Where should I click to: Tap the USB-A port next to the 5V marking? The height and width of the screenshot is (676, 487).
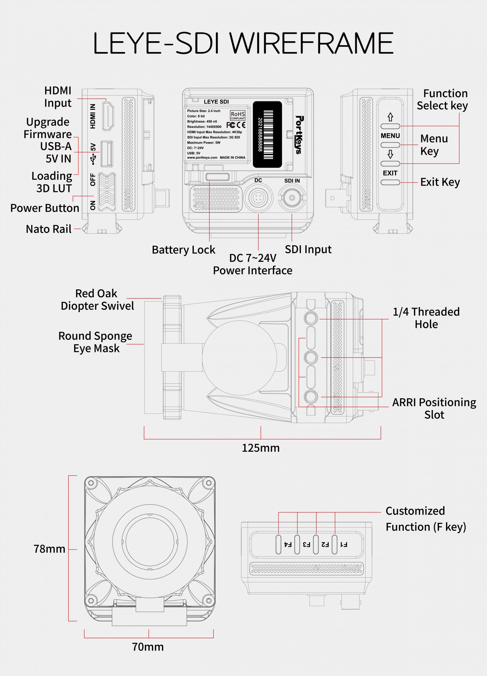(107, 153)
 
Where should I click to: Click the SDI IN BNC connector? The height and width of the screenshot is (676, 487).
(292, 197)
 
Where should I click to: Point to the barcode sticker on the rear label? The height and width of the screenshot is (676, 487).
(267, 134)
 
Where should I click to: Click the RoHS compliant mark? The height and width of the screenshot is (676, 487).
(237, 115)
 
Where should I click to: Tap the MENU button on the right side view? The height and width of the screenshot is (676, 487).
(390, 145)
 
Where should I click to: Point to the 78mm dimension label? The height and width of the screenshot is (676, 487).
(49, 549)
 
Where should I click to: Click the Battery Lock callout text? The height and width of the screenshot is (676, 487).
(183, 250)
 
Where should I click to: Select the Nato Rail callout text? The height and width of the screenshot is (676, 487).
(49, 229)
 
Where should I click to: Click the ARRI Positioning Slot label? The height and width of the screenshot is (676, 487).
(434, 408)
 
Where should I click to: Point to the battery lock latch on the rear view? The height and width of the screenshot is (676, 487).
(218, 177)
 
